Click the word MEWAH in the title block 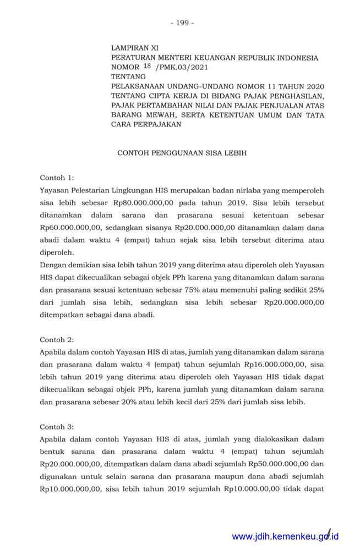tap(159, 115)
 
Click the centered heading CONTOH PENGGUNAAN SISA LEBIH tap(182, 153)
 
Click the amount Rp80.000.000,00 tap(143, 202)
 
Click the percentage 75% tap(219, 289)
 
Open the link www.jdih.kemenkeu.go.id tap(285, 536)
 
